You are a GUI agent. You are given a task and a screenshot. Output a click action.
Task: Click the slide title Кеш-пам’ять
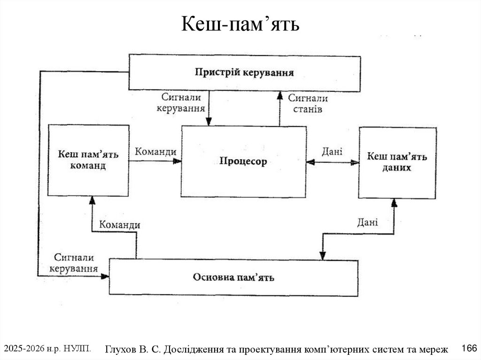coord(240,23)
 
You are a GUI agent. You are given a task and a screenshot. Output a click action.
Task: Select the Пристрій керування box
coord(244,72)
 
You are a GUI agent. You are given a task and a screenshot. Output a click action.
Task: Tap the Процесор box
coord(243,161)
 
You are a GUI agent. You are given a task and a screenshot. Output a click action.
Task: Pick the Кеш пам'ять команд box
coord(88,160)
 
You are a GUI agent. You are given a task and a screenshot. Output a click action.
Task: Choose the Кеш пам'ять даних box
coord(397,162)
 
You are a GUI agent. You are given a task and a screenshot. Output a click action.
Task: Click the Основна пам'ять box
coord(233,277)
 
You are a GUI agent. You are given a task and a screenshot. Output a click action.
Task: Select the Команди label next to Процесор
coord(155,152)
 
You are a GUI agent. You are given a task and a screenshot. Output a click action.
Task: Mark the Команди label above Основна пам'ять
coord(119,225)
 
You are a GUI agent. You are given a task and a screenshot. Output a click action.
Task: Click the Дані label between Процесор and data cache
coord(332,152)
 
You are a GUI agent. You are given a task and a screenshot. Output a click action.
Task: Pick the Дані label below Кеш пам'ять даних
coord(367,222)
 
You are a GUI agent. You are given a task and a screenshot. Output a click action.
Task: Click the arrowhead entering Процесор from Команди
coord(177,161)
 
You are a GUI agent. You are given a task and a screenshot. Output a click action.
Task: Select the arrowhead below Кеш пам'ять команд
coord(92,199)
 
